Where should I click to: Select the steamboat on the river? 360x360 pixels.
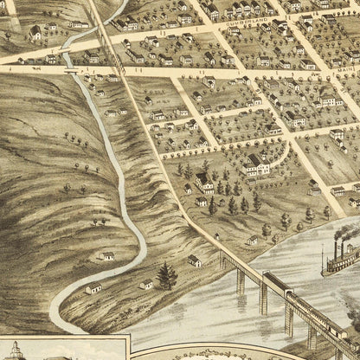point(341,260)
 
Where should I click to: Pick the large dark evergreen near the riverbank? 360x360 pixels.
point(166,276)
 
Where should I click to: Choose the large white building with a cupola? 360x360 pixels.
point(257,165)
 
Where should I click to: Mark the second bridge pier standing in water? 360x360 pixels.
point(262,297)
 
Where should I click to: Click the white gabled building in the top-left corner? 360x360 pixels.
point(35,33)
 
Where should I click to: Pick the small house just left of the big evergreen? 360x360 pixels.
point(146,283)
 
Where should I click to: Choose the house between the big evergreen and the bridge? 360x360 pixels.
point(194,260)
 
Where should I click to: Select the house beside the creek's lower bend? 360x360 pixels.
point(108,256)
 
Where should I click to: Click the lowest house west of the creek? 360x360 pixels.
point(93,287)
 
